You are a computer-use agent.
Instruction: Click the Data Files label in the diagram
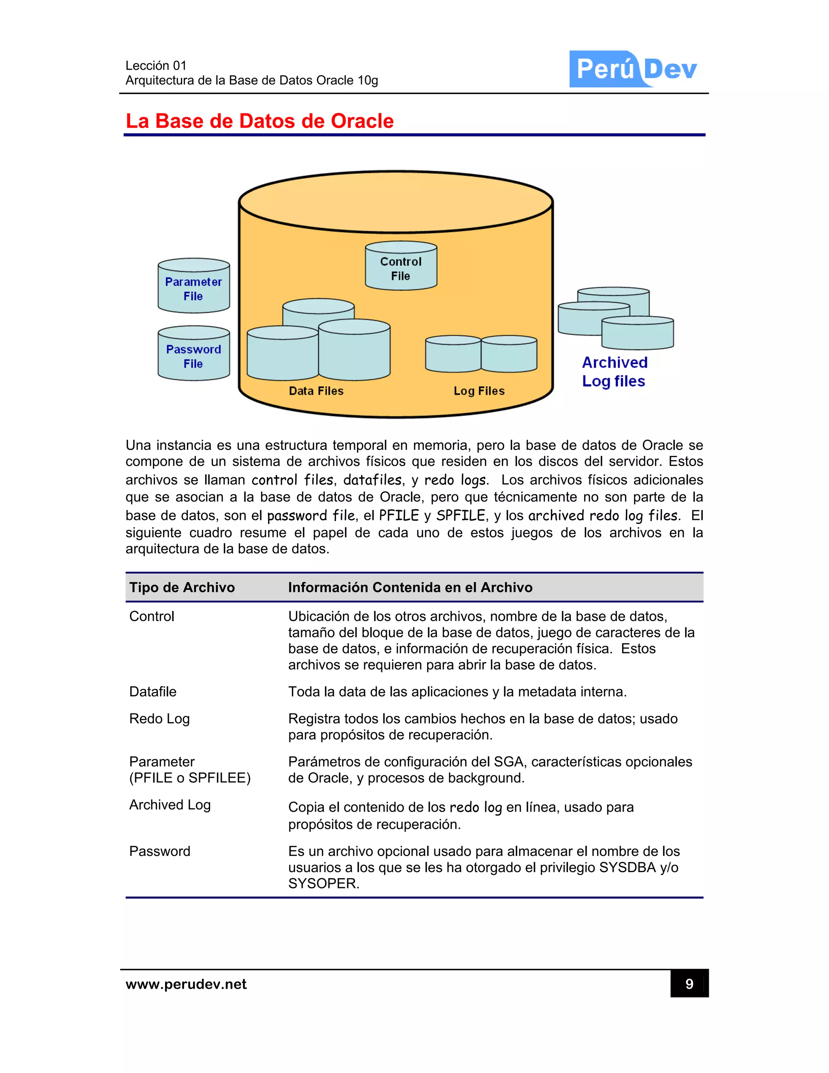(x=316, y=391)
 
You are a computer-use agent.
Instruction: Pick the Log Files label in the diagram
(x=479, y=391)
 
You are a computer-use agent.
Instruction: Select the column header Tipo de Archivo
(x=182, y=588)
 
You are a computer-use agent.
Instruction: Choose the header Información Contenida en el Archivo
(x=410, y=588)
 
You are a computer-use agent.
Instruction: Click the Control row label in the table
(x=151, y=617)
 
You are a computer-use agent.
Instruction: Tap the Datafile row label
(x=153, y=692)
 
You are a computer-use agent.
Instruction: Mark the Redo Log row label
(x=159, y=719)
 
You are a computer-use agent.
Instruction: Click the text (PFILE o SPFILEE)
(x=189, y=778)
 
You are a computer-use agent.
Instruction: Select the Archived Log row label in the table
(x=170, y=805)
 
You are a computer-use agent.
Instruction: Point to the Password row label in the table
(x=159, y=852)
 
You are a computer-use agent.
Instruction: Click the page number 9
(x=689, y=984)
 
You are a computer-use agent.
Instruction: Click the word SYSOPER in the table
(x=323, y=884)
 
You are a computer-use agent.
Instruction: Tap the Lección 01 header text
(x=156, y=65)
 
